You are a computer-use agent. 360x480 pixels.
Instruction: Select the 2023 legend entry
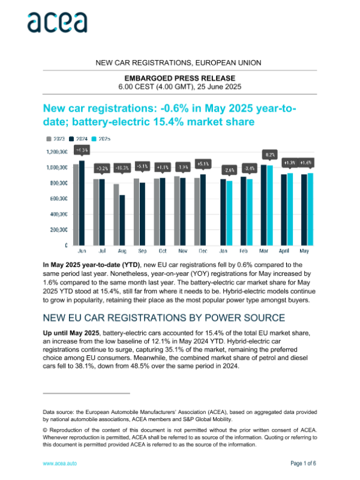[56, 139]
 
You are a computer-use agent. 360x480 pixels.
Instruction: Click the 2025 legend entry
[103, 139]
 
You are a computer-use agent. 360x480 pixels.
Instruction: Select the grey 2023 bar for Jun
[76, 204]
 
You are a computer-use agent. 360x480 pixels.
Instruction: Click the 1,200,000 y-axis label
[56, 151]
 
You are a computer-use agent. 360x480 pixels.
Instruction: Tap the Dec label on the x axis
[201, 251]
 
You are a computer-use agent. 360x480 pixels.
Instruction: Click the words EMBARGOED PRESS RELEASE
[179, 78]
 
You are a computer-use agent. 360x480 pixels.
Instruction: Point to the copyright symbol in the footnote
[45, 430]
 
